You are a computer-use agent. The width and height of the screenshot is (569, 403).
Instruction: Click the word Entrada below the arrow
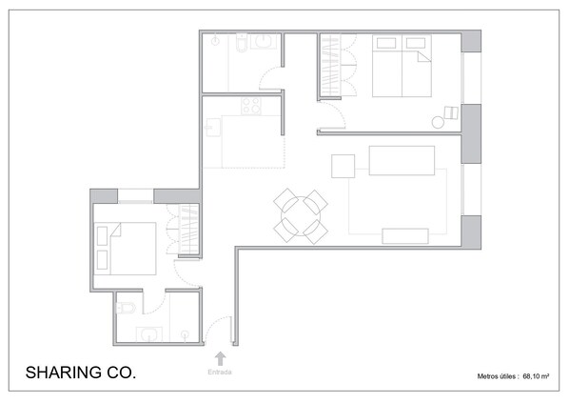220,373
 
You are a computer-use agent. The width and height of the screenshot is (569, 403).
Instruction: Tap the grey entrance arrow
220,358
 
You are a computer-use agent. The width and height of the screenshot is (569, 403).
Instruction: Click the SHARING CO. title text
80,372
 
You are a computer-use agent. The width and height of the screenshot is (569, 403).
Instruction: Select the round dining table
301,216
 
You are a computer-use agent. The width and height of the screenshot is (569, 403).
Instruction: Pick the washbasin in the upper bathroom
264,42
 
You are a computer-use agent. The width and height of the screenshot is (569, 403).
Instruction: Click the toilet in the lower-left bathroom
124,307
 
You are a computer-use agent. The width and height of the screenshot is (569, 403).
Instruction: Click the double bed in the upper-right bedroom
401,67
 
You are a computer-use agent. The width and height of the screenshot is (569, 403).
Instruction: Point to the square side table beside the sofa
343,166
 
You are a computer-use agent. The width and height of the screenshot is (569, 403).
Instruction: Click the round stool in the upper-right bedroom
439,121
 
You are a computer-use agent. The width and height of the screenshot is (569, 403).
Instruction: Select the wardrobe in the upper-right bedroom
329,65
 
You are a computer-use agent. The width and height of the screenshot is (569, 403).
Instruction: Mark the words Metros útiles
497,377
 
